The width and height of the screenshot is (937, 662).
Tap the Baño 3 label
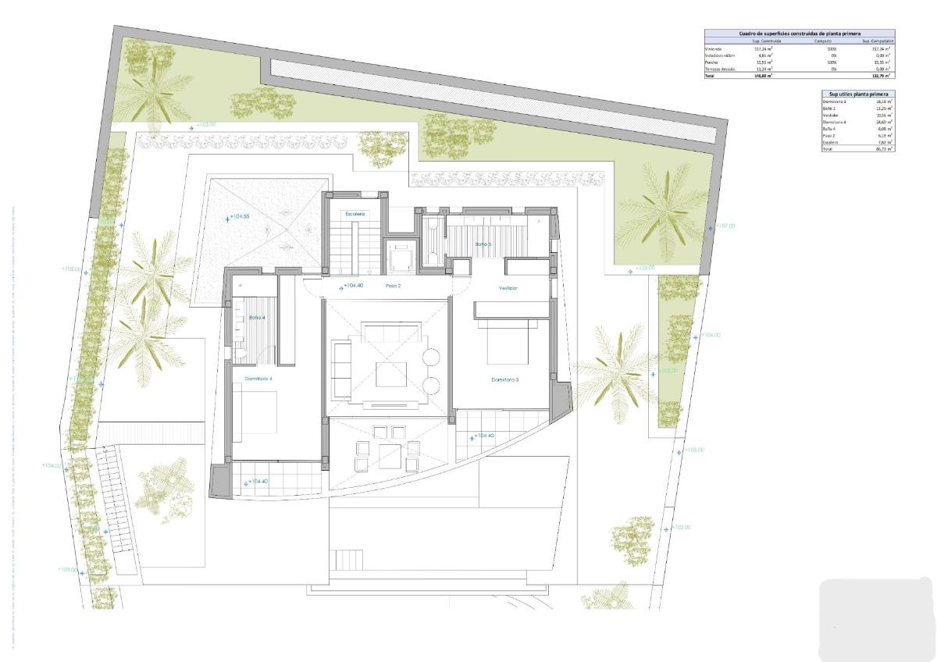click(483, 244)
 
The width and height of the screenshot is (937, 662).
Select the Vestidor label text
click(508, 288)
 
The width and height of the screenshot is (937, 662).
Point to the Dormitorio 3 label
click(504, 380)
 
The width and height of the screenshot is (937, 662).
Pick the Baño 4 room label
click(257, 318)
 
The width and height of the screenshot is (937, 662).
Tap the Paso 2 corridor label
click(393, 286)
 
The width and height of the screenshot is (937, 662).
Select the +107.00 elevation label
click(725, 226)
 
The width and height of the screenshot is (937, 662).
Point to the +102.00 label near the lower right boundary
click(679, 528)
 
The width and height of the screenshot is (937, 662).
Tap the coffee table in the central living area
click(390, 375)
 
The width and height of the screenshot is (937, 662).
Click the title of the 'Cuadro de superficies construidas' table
click(799, 34)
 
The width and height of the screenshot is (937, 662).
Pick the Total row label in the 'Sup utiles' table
click(828, 148)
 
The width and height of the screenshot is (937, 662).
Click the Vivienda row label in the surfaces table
click(714, 48)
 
